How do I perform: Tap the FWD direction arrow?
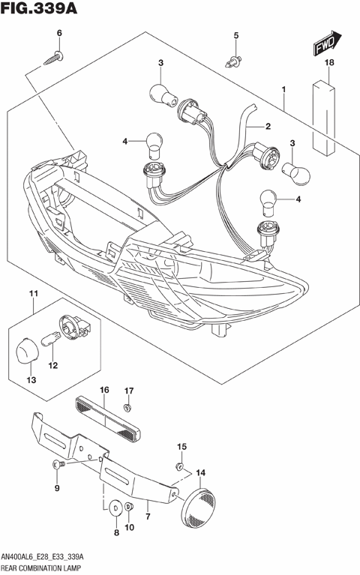coord(326,45)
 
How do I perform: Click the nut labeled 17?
coord(127,407)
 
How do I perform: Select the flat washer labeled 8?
coord(114,508)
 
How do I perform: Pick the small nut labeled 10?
coord(128,508)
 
